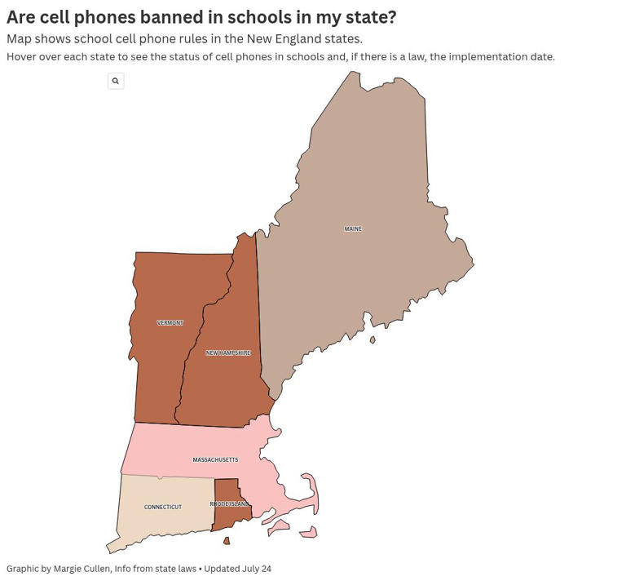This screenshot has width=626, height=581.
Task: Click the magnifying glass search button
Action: pyautogui.click(x=116, y=81)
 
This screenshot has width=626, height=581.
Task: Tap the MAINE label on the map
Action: pyautogui.click(x=353, y=229)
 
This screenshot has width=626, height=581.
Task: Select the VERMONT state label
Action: pyautogui.click(x=170, y=323)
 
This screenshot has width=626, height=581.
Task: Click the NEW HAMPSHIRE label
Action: pyautogui.click(x=228, y=353)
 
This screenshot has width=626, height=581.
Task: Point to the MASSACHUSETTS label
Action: pyautogui.click(x=215, y=460)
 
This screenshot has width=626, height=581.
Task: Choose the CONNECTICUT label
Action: pyautogui.click(x=163, y=508)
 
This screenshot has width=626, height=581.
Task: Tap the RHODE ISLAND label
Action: pyautogui.click(x=229, y=504)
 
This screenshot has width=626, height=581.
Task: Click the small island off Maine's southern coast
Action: pyautogui.click(x=373, y=340)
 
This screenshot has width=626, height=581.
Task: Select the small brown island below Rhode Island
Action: pyautogui.click(x=227, y=541)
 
